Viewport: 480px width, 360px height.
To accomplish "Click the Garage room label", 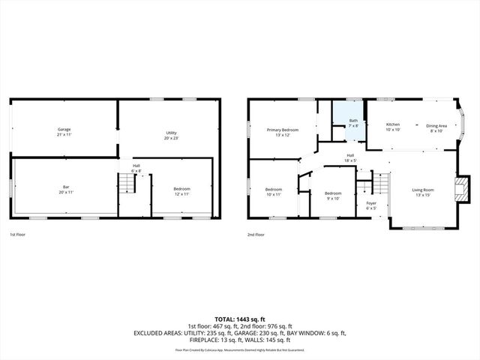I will coord(64,132).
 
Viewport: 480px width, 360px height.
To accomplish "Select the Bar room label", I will coord(65,190).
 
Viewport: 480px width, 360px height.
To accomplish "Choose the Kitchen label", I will coord(393,127).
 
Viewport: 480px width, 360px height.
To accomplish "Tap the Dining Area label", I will coord(436,127).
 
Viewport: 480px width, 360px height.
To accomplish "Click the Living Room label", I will coord(422,192).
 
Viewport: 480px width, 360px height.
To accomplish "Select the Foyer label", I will coord(371,205).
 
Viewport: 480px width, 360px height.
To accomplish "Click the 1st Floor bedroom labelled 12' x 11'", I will coord(181,191).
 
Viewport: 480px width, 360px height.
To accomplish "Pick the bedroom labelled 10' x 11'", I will coord(273,191).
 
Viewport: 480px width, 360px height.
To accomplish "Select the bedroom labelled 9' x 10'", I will coord(333,196).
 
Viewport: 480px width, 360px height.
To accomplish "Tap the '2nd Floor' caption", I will coord(256,235).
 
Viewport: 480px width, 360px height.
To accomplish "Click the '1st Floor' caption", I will coord(19,235).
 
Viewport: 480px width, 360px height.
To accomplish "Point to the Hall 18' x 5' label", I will coord(350,157).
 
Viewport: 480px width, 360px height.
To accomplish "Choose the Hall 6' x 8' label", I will coord(136,168).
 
